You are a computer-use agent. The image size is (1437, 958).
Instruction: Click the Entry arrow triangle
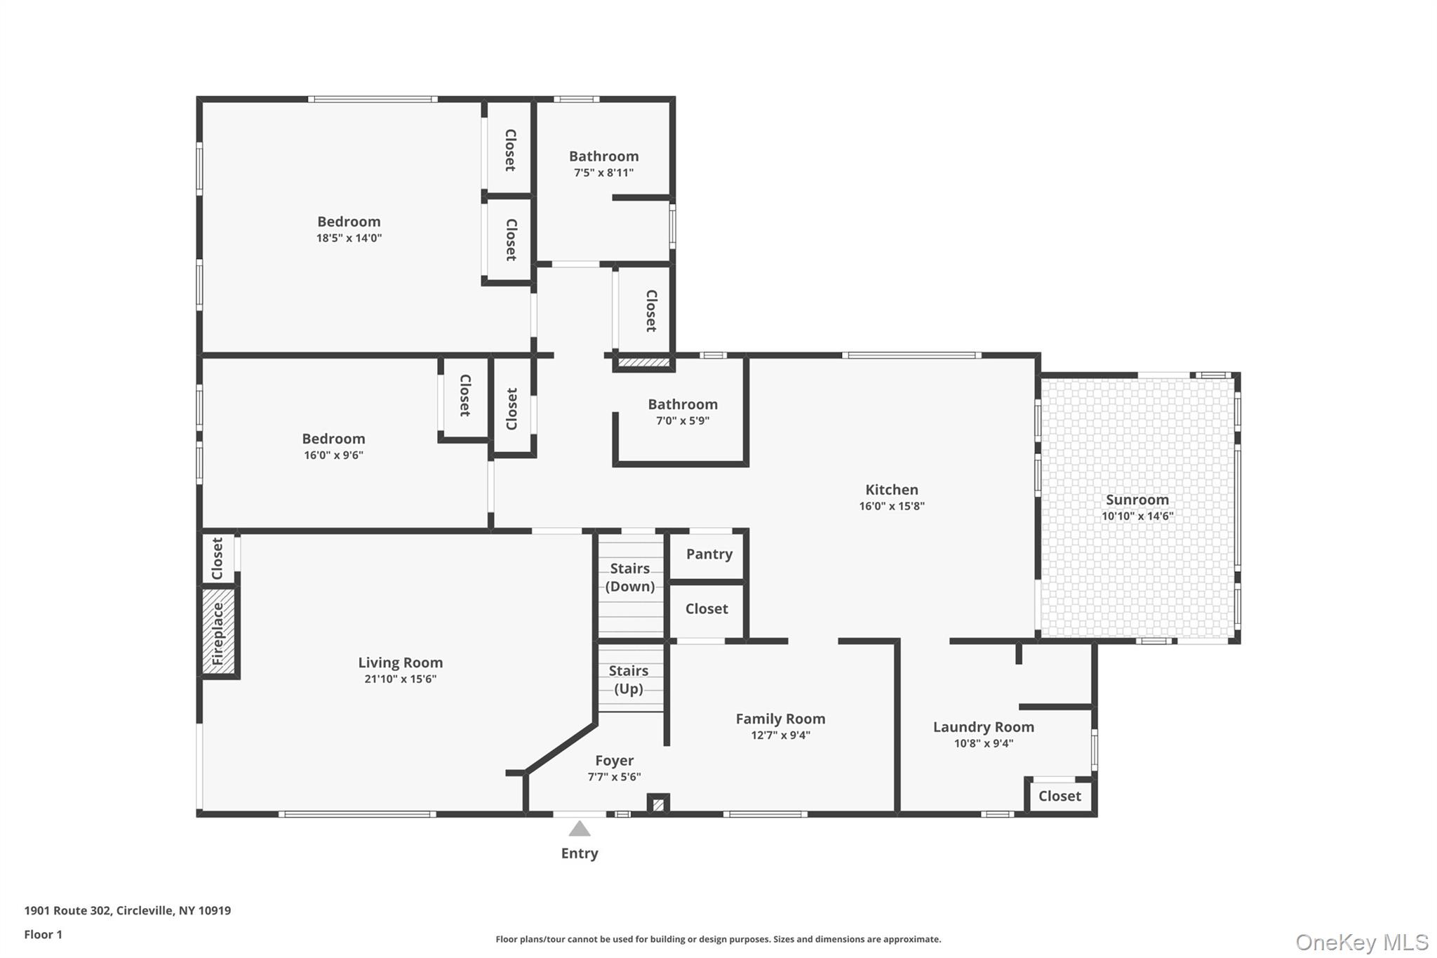579,830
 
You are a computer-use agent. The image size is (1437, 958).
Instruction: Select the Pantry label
709,554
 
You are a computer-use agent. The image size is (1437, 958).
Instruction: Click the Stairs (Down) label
629,577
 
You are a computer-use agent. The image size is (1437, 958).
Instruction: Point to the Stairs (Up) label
629,679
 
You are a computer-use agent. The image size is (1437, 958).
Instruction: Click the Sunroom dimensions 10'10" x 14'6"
1137,516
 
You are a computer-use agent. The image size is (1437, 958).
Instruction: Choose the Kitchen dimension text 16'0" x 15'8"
891,506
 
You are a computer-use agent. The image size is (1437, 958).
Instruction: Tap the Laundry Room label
983,727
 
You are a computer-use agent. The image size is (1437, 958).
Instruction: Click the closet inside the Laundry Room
1059,796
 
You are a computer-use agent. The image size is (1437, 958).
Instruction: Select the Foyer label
614,760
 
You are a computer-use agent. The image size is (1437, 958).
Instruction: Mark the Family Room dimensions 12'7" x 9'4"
780,735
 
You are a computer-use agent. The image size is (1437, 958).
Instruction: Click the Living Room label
400,663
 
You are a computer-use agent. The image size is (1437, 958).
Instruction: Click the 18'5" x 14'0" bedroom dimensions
349,238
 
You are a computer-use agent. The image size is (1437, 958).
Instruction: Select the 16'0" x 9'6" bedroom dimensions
333,455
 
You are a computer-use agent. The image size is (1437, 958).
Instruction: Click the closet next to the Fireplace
218,559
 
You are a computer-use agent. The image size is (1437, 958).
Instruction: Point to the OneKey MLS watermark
1361,942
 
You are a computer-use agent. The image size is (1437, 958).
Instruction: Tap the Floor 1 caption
44,934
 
